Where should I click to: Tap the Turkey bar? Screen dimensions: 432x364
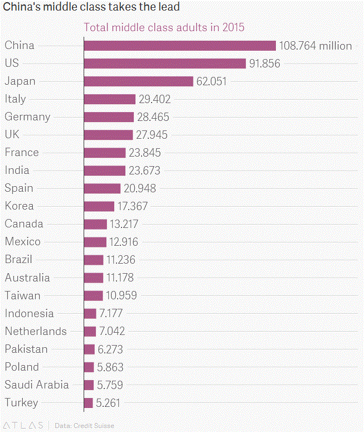pyautogui.click(x=88, y=402)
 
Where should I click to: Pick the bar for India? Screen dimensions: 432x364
pyautogui.click(x=105, y=171)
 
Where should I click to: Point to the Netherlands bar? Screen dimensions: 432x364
pyautogui.click(x=90, y=331)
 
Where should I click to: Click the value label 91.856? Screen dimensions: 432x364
pyautogui.click(x=265, y=64)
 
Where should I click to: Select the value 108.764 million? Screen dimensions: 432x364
pyautogui.click(x=316, y=46)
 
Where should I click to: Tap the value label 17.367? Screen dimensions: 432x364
pyautogui.click(x=133, y=206)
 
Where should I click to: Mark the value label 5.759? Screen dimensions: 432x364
pyautogui.click(x=110, y=385)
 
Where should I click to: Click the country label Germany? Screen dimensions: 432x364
pyautogui.click(x=27, y=117)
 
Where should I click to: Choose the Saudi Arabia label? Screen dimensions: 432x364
pyautogui.click(x=37, y=385)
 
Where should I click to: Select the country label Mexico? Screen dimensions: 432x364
pyautogui.click(x=23, y=242)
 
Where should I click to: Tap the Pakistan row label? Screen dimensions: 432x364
pyautogui.click(x=26, y=349)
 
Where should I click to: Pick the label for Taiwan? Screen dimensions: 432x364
pyautogui.click(x=23, y=295)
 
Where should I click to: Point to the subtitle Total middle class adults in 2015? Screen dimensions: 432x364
pyautogui.click(x=164, y=27)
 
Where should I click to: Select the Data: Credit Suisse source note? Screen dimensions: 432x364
pyautogui.click(x=84, y=426)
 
